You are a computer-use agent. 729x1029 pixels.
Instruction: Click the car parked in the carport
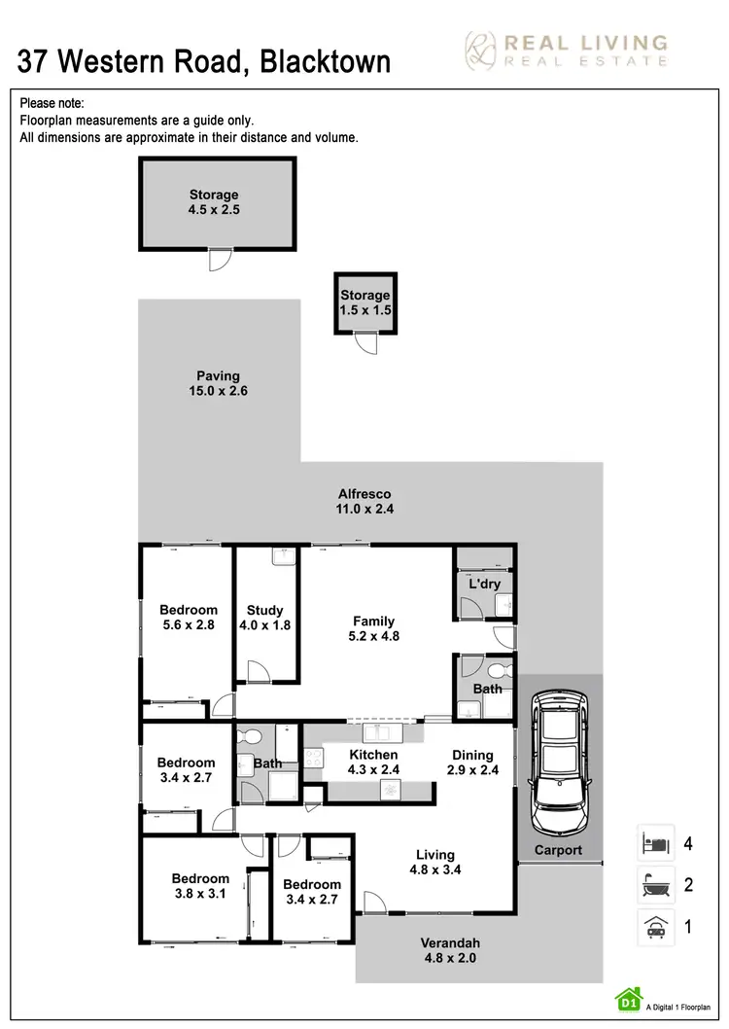tap(559, 763)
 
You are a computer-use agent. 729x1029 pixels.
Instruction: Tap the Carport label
tap(559, 850)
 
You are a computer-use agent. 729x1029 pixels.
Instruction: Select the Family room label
tap(374, 628)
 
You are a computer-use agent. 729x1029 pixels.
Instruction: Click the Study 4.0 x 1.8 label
tap(264, 619)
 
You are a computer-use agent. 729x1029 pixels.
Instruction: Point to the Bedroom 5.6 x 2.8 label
tap(188, 619)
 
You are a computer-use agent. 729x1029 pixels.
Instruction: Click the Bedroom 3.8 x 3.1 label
tap(200, 886)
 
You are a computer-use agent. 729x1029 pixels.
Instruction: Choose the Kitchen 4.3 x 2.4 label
tap(373, 762)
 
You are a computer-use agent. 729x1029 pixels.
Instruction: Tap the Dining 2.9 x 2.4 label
tap(472, 762)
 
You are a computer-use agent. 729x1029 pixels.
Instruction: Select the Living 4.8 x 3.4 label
tap(434, 863)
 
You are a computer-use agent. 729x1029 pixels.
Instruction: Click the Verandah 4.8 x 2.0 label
tap(450, 950)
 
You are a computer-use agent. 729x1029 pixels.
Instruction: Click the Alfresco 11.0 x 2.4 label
tap(364, 501)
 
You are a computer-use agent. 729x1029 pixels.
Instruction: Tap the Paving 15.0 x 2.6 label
tap(218, 383)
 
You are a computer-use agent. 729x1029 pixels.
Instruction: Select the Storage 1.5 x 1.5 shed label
tap(364, 302)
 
